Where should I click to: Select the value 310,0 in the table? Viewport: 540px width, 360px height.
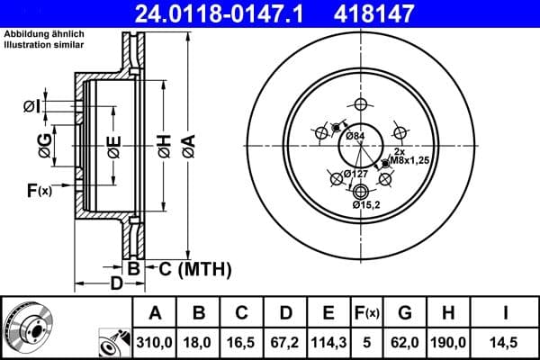(x=154, y=343)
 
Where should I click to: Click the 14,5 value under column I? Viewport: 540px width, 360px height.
(x=507, y=343)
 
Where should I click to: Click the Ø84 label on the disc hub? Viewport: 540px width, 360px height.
(x=355, y=136)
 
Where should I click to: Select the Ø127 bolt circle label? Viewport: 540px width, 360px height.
(x=356, y=174)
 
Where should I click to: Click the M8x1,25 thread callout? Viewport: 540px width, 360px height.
(x=408, y=161)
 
